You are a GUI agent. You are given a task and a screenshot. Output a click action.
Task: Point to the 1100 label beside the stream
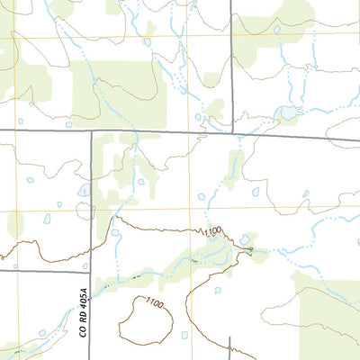click(211, 233)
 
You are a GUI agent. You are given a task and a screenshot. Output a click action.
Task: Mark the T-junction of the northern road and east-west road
click(231, 136)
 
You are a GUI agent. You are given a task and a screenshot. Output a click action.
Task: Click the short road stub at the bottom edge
click(230, 348)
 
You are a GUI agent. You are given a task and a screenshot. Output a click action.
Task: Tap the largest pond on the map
click(288, 112)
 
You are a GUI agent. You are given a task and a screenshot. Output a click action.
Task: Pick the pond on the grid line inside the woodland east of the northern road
click(276, 29)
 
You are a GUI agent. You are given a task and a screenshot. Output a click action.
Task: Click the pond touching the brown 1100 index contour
click(245, 239)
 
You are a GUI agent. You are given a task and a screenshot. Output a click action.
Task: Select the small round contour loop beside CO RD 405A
click(85, 211)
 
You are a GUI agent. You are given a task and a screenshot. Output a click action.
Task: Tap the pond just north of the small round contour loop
click(84, 191)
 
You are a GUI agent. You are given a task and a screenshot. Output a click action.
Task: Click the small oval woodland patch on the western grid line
click(15, 223)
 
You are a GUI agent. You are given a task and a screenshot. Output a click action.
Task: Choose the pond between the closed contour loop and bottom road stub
click(185, 335)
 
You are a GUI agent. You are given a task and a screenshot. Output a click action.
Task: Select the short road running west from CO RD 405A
click(45, 270)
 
